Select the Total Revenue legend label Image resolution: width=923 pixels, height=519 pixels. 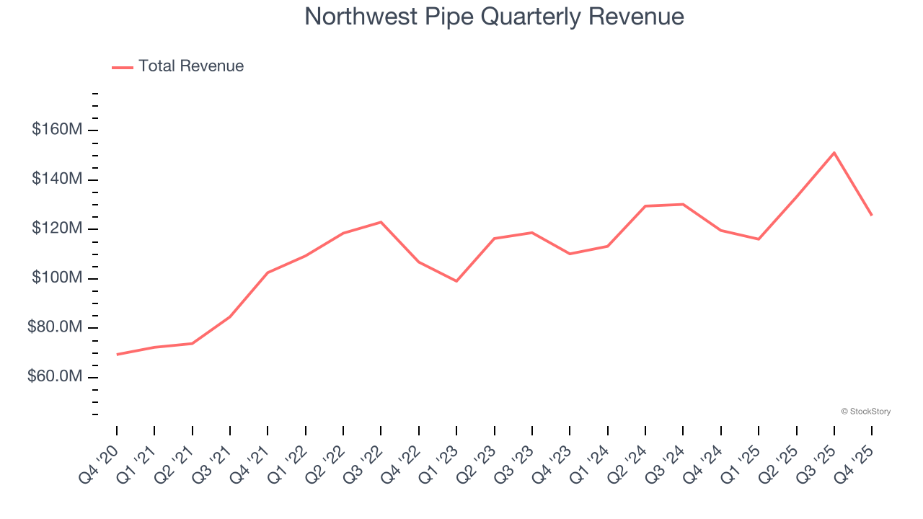(191, 66)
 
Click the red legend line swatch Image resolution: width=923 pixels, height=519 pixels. (123, 67)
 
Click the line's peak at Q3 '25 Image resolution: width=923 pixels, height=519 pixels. (834, 153)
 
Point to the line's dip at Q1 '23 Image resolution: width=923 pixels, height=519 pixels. (456, 281)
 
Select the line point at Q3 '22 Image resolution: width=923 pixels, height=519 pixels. (381, 222)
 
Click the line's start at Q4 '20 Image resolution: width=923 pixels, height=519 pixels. (117, 355)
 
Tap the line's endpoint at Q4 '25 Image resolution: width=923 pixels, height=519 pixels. (872, 215)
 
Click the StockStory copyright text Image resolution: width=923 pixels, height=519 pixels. (865, 412)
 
